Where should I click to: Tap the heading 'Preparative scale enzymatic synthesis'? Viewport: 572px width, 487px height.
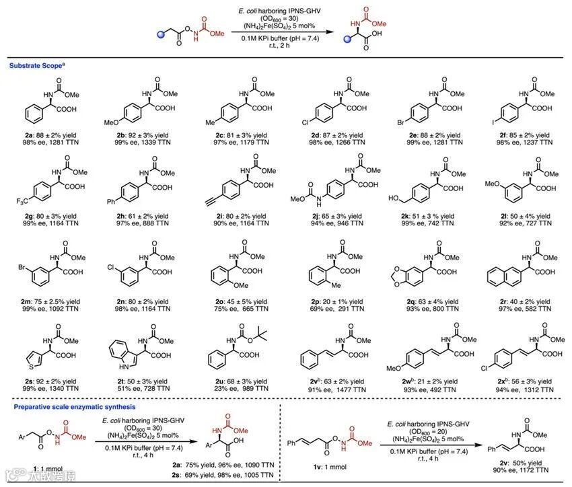[x=69, y=407]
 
